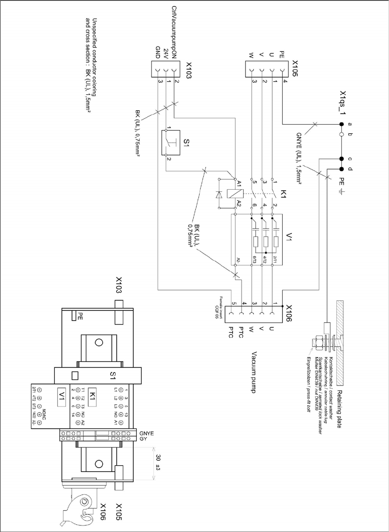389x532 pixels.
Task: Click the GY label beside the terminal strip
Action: click(142, 439)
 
